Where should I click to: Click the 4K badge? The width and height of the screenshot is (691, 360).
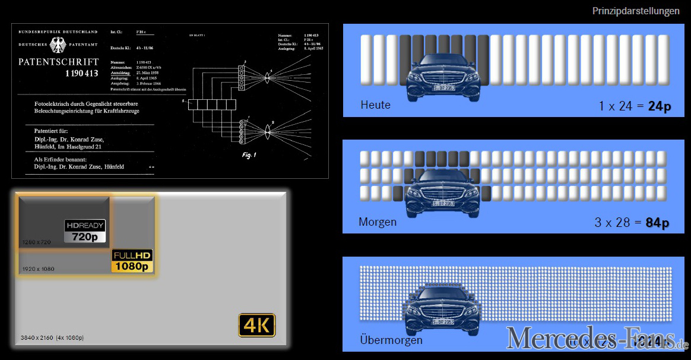coord(257,325)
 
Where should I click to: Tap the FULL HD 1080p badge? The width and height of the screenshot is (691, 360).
coord(132,261)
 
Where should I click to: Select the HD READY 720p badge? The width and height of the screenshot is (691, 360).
coord(85,231)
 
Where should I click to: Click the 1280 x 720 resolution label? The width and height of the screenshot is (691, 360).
coord(37,242)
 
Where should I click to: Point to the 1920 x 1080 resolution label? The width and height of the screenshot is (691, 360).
coord(39,269)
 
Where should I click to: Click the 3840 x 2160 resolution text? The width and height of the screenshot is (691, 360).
coord(52,337)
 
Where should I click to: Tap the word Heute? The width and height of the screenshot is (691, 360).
coord(375,105)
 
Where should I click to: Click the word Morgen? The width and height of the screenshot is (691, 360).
coord(378,222)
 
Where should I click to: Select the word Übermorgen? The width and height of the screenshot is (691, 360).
coord(391,340)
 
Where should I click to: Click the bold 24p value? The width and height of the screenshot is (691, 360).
coord(659,106)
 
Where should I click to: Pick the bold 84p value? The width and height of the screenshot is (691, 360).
coord(657,223)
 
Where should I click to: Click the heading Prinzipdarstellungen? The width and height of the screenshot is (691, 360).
coord(636,11)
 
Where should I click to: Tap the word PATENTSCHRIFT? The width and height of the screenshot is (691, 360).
coord(58,62)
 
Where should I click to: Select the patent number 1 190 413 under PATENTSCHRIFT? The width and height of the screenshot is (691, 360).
coord(82,74)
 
